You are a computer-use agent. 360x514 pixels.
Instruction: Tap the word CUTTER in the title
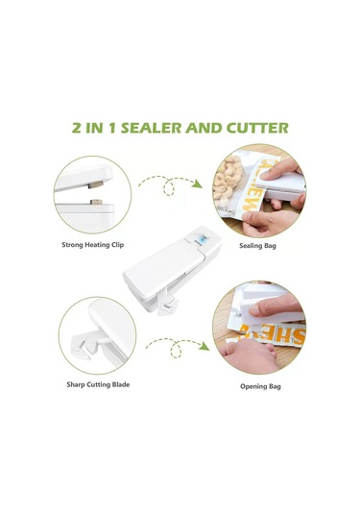click(x=258, y=128)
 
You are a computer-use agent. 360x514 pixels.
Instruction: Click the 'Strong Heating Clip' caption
click(x=92, y=245)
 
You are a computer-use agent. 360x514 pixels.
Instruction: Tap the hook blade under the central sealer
click(x=169, y=306)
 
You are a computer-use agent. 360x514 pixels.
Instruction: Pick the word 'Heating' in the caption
click(x=93, y=245)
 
